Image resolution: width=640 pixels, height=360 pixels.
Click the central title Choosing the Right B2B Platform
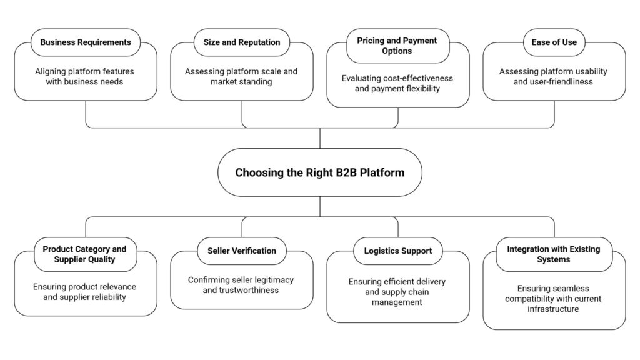click(x=319, y=172)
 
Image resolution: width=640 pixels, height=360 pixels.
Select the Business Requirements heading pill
click(x=86, y=42)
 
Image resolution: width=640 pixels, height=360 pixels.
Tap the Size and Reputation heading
click(x=242, y=42)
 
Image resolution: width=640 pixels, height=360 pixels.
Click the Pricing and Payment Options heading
click(x=397, y=46)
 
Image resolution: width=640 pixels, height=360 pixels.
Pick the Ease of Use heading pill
click(x=554, y=42)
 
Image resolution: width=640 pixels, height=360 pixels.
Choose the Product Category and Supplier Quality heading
click(x=85, y=254)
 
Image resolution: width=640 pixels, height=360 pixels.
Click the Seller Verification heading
click(x=242, y=251)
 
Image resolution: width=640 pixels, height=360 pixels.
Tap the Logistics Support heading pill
click(x=397, y=251)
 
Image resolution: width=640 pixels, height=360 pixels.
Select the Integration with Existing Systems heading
click(x=554, y=254)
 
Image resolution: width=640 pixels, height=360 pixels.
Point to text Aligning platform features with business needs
click(x=85, y=76)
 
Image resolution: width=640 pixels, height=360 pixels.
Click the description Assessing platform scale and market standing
click(x=241, y=76)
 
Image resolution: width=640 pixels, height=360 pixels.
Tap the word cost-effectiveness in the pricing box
click(x=414, y=78)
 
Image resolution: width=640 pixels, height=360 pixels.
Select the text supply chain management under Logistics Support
click(x=397, y=297)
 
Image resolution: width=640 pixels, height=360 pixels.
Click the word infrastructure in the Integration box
click(x=553, y=309)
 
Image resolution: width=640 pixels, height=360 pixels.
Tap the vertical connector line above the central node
click(x=320, y=138)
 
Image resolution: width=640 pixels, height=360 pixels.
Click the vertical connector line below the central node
click(x=320, y=206)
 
